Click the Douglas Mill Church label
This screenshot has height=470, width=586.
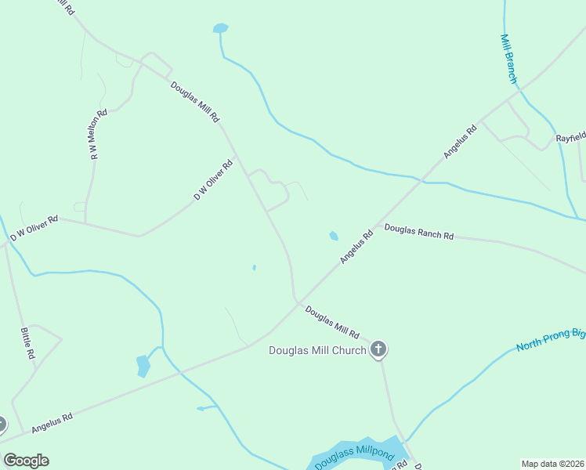[317, 350]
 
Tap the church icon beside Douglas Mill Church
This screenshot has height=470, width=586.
[378, 349]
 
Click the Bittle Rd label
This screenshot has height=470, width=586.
[27, 342]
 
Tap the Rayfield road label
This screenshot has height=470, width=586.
[570, 137]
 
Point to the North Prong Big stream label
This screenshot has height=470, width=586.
[550, 341]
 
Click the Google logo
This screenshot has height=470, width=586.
[26, 461]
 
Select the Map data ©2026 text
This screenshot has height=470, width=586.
[553, 464]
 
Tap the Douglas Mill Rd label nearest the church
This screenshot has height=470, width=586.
[331, 321]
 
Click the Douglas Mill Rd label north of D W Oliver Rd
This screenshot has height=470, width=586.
[195, 103]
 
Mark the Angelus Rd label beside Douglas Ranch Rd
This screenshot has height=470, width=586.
[356, 246]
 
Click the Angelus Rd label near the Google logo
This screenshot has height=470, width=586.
[52, 424]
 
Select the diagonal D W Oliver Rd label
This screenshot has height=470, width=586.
[214, 180]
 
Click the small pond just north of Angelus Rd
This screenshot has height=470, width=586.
[334, 236]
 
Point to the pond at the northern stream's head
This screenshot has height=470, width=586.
[220, 29]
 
